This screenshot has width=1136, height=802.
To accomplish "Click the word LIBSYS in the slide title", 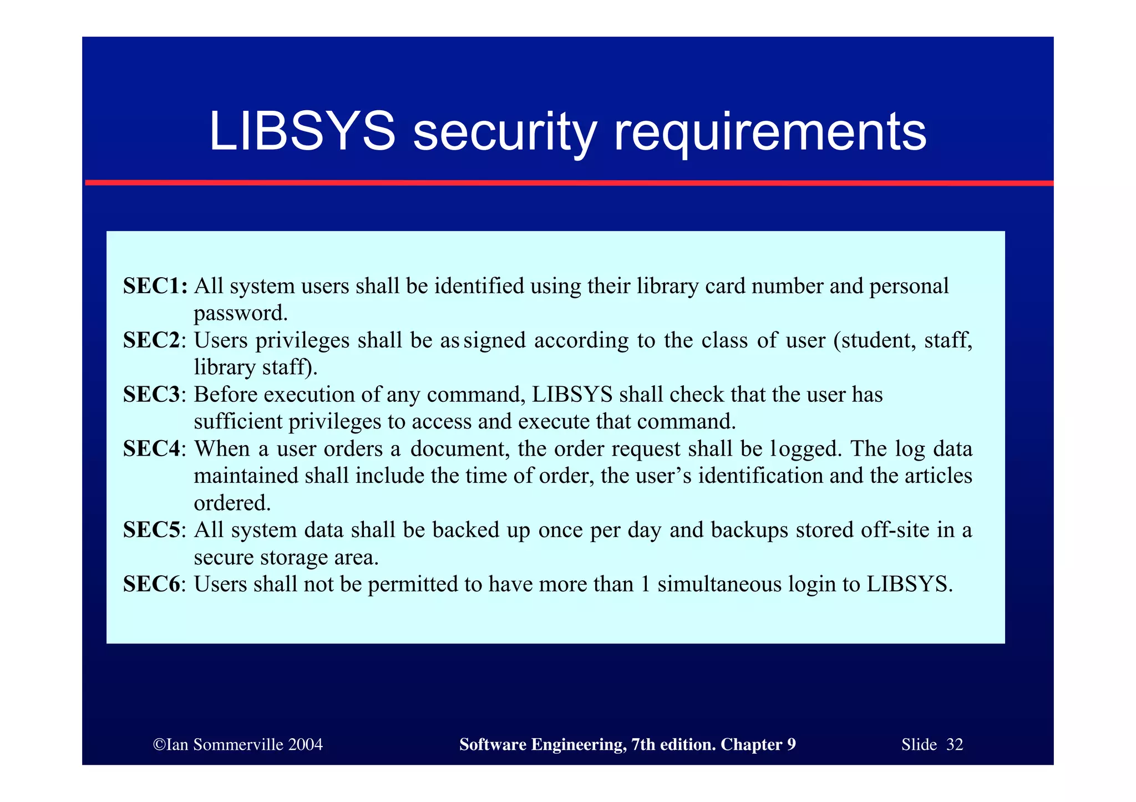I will point(302,132).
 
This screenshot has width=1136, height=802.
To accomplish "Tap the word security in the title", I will point(504,133).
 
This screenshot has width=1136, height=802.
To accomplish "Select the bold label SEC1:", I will point(156,286).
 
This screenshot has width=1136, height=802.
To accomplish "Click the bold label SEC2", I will point(152,340).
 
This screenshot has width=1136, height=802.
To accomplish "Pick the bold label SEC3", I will point(152,395).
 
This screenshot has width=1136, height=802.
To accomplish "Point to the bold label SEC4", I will point(152,449).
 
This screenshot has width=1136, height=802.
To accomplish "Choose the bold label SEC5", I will point(152,530).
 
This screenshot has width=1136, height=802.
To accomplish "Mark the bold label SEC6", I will point(152,585).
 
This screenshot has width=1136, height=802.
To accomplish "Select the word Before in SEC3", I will point(226,395).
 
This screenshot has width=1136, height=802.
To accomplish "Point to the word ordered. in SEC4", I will point(232,503).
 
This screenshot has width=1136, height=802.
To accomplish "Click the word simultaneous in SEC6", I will point(719,585).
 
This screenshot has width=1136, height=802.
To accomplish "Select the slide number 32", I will point(955,744).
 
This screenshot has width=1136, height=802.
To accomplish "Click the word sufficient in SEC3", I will point(238,422).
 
